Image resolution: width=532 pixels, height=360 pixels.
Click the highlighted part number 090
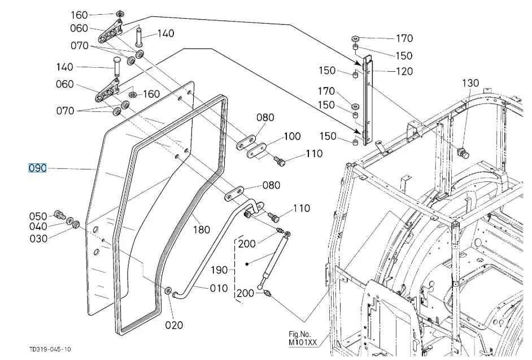[37, 168]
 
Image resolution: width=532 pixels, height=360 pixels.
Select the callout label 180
[202, 229]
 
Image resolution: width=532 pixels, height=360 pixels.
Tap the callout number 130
[470, 83]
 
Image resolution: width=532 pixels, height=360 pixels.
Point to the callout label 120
[404, 71]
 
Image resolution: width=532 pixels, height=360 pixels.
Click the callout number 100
[292, 136]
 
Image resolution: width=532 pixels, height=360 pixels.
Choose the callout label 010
[219, 288]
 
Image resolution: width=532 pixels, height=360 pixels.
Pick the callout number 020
[174, 325]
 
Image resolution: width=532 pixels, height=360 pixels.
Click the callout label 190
[219, 270]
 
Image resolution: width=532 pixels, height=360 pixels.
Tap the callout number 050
[38, 216]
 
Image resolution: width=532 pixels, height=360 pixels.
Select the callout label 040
[38, 227]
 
